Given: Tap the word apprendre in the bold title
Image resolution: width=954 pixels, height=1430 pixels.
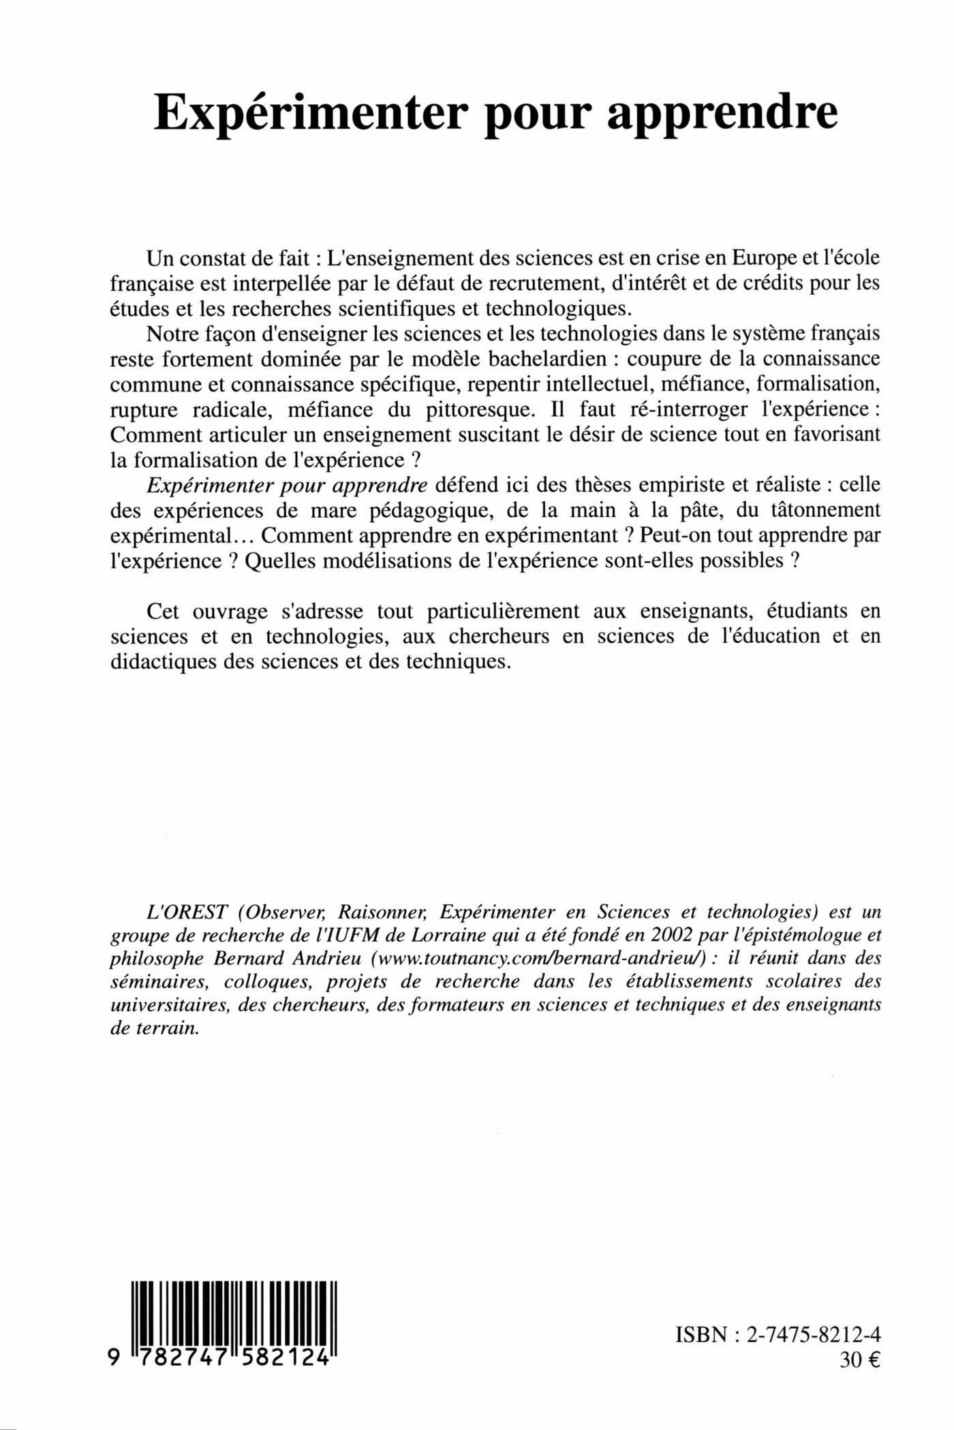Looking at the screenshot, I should coord(722,114).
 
